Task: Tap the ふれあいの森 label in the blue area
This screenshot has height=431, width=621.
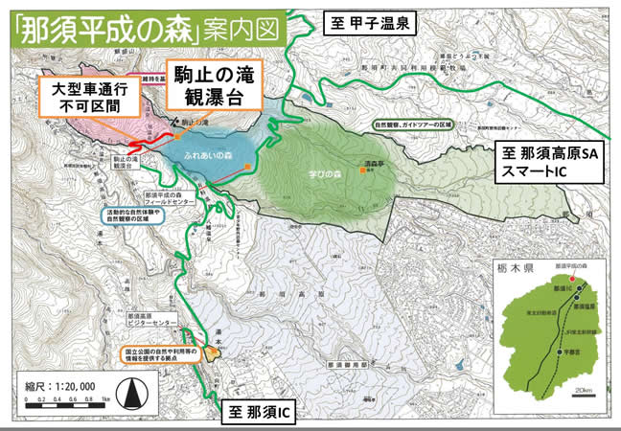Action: [x=210, y=152]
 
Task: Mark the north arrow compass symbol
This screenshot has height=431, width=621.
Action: [x=134, y=391]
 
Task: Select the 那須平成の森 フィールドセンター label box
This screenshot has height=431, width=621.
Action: [x=145, y=199]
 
